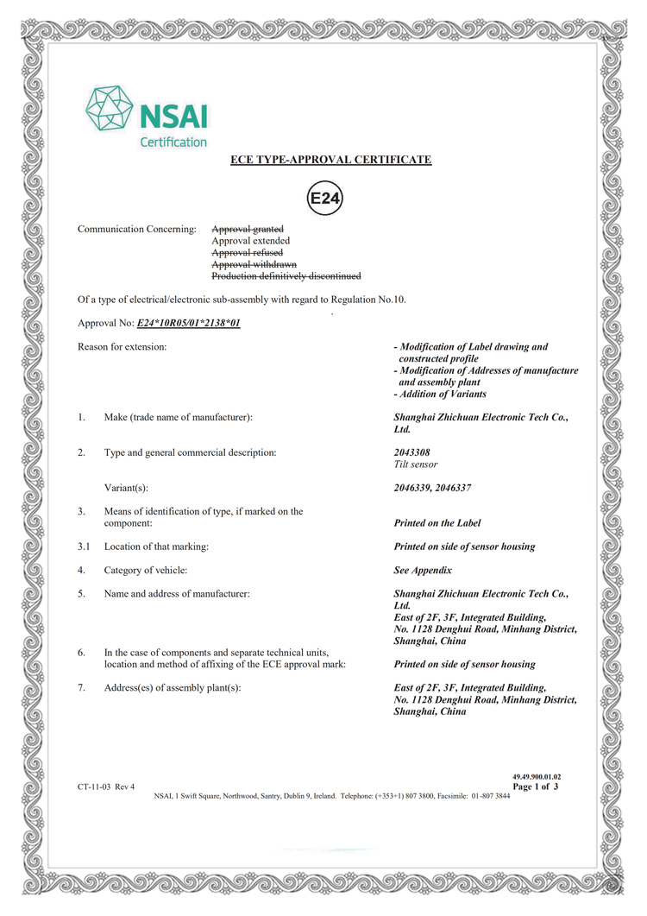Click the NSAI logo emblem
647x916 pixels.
[x=110, y=111]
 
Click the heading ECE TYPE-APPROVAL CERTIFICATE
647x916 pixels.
[x=330, y=160]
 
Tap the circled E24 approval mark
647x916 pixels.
[x=325, y=199]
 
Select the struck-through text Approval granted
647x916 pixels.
[x=248, y=229]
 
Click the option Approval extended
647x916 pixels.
[x=251, y=241]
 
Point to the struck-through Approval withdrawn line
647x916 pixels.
[x=254, y=264]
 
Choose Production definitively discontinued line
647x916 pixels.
[x=286, y=276]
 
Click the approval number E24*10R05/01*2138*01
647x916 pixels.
[x=188, y=323]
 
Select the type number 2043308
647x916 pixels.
[x=411, y=452]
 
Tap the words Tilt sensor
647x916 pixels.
[x=416, y=464]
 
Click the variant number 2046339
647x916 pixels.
[x=411, y=488]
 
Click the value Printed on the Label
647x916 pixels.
[x=437, y=523]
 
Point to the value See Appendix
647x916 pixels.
[x=423, y=571]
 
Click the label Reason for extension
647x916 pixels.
[x=122, y=347]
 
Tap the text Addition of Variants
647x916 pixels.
[x=443, y=395]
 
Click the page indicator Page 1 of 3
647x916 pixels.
[x=536, y=786]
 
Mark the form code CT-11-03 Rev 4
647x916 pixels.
[x=106, y=786]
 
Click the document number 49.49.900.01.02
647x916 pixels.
[x=537, y=777]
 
